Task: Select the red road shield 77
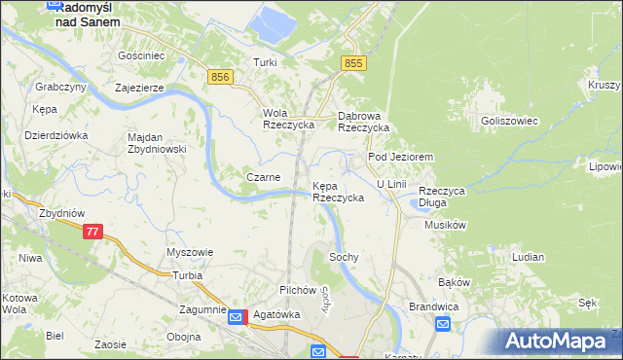point(92,232)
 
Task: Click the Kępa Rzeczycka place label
point(338,192)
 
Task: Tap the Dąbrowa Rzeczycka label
point(363,121)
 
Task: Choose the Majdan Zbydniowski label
point(157,143)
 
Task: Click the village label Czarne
point(264,177)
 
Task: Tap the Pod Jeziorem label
point(399,157)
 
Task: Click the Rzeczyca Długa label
point(442,198)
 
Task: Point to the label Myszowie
point(190,252)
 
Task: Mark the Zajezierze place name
point(144,87)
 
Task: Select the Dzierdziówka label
point(56,135)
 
